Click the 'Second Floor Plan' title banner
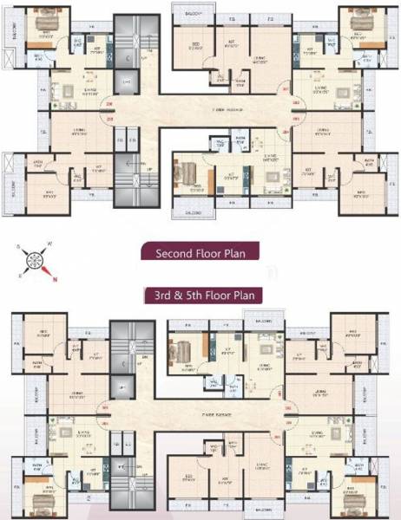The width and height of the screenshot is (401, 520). click(200, 254)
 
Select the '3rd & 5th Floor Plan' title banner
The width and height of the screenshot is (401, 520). click(200, 295)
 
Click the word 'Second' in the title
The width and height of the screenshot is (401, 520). click(174, 254)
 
